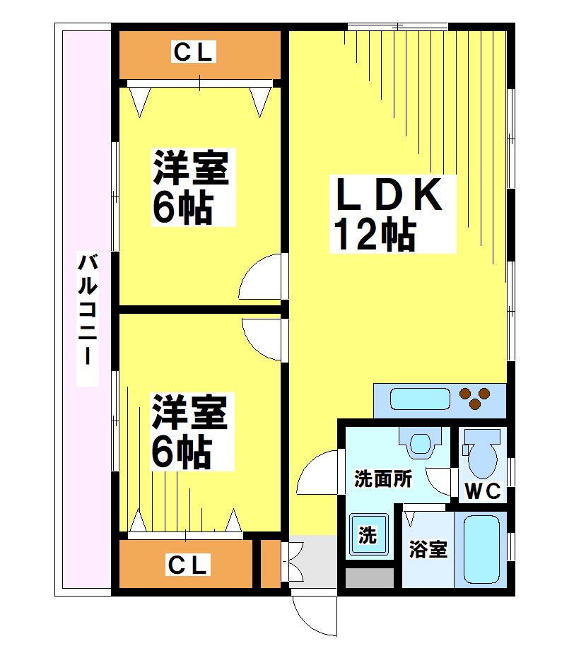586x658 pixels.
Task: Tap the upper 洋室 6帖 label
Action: [191, 187]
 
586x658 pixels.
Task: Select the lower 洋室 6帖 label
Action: [189, 433]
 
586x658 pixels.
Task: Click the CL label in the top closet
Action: [193, 52]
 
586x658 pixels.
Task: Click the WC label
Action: [483, 490]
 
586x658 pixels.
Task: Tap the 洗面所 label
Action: [382, 479]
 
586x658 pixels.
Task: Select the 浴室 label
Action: [428, 549]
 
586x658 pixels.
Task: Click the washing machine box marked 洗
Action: [368, 535]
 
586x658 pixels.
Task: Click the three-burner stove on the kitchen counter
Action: [475, 397]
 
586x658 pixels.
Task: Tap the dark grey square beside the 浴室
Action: [369, 577]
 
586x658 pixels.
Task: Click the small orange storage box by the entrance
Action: [270, 564]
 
